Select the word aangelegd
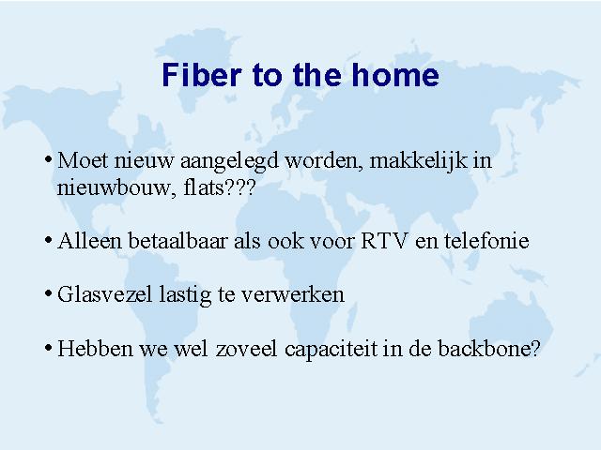click(229, 160)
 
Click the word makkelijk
click(418, 160)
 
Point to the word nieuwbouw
click(114, 187)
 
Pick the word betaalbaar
click(177, 241)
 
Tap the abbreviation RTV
click(384, 241)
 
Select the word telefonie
click(486, 241)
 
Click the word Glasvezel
click(104, 294)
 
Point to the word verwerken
click(293, 295)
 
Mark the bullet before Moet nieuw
click(48, 159)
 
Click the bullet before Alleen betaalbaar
click(48, 240)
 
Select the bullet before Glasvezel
click(48, 293)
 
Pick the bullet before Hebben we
click(48, 348)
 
